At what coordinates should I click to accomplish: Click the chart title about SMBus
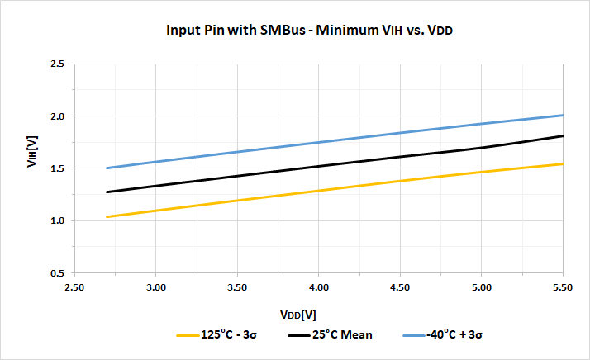coord(312,31)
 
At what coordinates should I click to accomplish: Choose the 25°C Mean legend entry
coord(330,334)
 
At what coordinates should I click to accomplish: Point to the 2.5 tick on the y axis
coord(56,64)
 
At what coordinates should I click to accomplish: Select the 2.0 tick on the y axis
coord(56,116)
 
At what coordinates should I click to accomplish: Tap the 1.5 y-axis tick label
coord(56,168)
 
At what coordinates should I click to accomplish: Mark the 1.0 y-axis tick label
coord(56,220)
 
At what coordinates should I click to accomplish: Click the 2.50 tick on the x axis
coord(74,287)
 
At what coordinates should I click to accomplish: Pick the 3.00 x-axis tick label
coord(156,287)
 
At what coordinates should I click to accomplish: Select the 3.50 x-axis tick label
coord(237,287)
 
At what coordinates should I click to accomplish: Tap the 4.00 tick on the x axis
coord(319,287)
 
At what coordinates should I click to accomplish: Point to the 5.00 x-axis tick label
coord(482,287)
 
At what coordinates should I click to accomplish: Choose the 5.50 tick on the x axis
coord(563,287)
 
